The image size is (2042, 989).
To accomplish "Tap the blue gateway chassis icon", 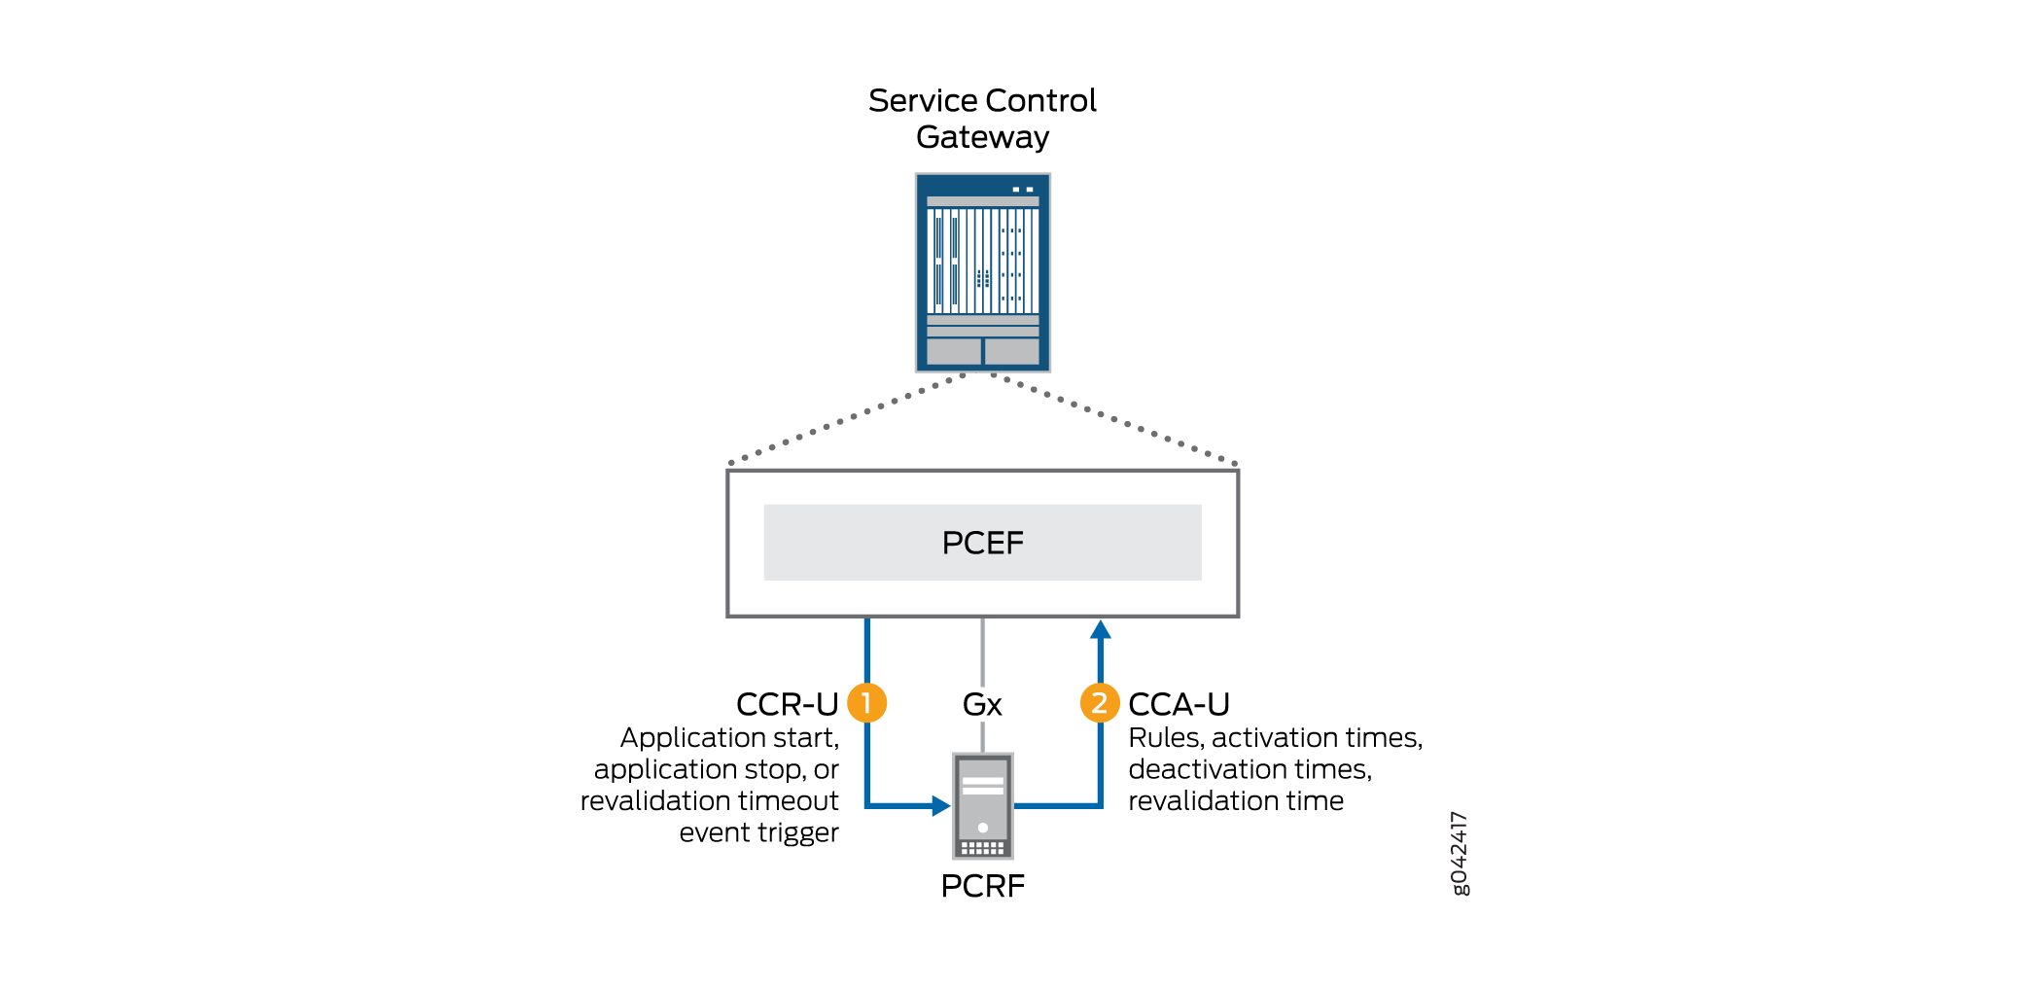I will click(x=982, y=272).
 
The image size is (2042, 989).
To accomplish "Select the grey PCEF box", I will click(x=982, y=543).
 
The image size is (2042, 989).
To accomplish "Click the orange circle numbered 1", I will click(x=866, y=703).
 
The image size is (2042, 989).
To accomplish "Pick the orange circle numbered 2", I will click(x=1100, y=703).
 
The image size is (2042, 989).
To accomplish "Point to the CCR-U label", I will click(x=787, y=704).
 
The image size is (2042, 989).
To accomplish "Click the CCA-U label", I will click(x=1179, y=704).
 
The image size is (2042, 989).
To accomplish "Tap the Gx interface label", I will click(x=982, y=704).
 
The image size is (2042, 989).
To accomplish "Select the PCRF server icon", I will click(x=982, y=805).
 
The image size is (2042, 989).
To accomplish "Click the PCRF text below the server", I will click(x=982, y=886).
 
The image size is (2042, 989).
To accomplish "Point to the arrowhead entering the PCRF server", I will click(x=940, y=805).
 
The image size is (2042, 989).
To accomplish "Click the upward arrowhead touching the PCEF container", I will click(x=1100, y=629).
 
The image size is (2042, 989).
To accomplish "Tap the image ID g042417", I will click(x=1460, y=854).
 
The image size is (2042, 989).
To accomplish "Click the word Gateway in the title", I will click(x=982, y=137).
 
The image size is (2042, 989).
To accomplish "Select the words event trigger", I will click(x=758, y=832).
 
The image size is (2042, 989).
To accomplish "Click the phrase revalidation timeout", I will click(x=709, y=800).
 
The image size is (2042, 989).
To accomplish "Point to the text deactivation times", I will click(x=1250, y=769).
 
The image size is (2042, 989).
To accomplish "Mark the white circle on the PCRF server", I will click(x=982, y=828).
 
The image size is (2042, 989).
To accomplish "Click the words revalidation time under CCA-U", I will click(x=1236, y=800).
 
